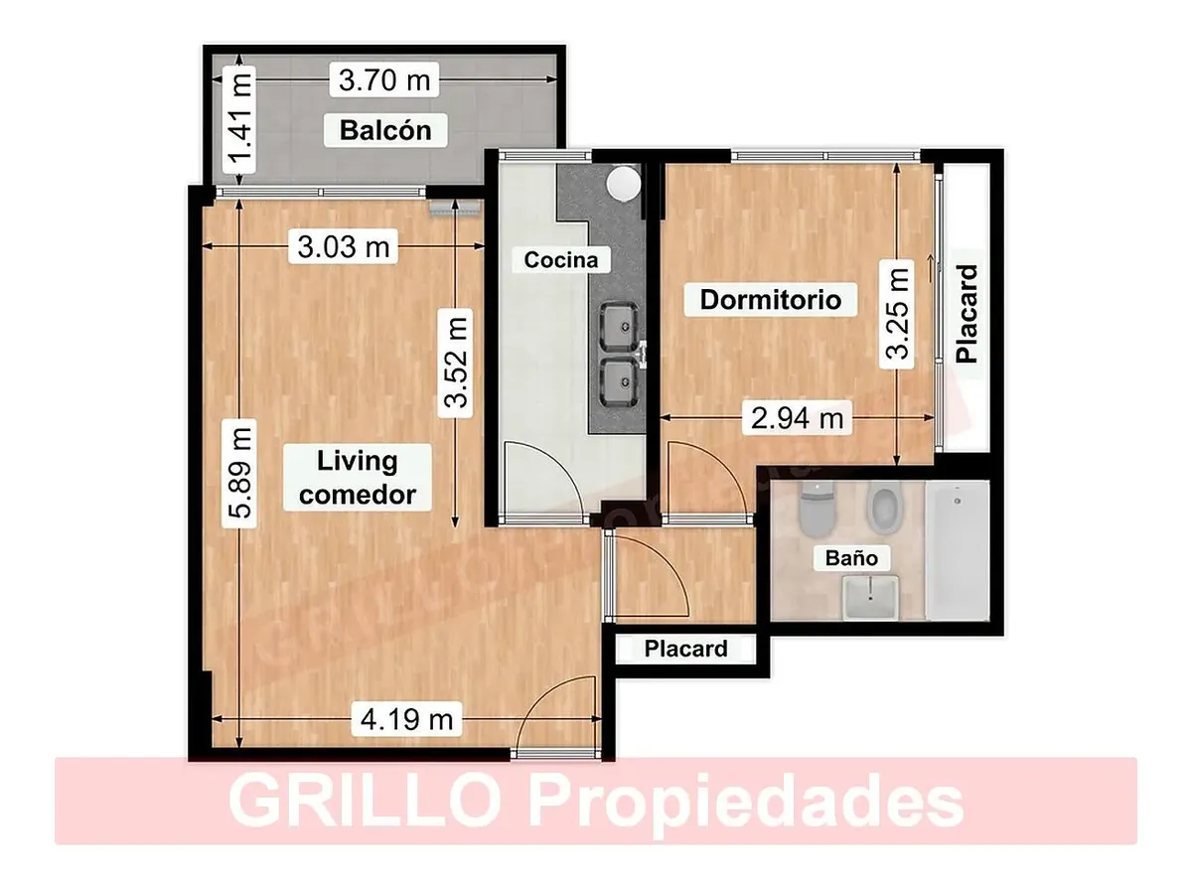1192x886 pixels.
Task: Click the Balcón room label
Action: tap(385, 130)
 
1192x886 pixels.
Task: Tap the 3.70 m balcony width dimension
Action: tap(384, 80)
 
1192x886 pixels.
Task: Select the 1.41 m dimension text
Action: tap(239, 119)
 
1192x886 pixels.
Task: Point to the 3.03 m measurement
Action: tap(344, 246)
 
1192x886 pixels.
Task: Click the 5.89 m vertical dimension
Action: tap(239, 473)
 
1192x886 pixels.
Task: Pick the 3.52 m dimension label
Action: tap(456, 363)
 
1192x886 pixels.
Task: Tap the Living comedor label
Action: tap(358, 478)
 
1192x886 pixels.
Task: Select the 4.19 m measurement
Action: tap(407, 719)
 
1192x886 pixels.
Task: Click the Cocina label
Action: tap(560, 259)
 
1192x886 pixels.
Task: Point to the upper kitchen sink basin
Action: tap(619, 327)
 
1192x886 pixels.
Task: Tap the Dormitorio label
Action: tap(770, 299)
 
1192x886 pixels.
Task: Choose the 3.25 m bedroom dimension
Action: tap(897, 315)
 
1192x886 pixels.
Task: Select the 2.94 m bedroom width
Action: tap(797, 418)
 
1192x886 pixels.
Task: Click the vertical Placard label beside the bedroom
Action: tap(967, 314)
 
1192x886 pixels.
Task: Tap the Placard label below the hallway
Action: tap(685, 649)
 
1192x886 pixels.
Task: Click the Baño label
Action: tap(852, 558)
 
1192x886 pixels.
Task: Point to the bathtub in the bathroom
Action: tap(957, 550)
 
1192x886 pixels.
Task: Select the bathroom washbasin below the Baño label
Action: tap(870, 597)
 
